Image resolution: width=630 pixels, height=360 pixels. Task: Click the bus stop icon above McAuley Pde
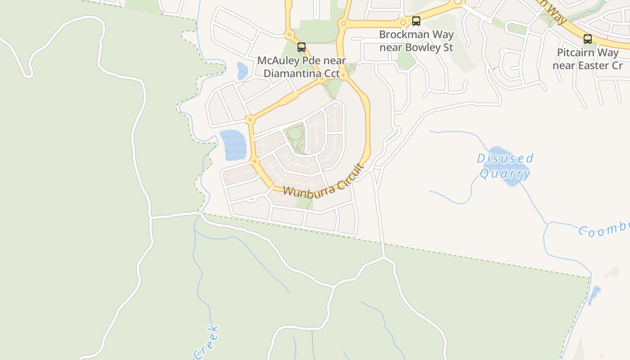(x=301, y=47)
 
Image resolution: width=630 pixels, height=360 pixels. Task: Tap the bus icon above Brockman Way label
(x=416, y=21)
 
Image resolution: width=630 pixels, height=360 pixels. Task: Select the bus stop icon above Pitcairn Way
(x=587, y=39)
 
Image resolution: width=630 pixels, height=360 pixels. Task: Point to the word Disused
(x=505, y=158)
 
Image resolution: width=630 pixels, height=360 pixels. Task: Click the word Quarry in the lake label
(x=505, y=174)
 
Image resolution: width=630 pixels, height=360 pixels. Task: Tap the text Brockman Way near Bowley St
(x=416, y=40)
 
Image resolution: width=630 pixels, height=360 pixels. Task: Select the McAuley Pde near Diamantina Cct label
(x=301, y=67)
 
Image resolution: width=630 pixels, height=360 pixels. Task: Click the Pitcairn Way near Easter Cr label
(x=588, y=59)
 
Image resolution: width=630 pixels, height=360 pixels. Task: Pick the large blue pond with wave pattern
(x=234, y=145)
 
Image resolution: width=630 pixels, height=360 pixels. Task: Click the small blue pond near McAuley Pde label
(x=242, y=70)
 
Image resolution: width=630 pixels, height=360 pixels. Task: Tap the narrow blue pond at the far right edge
(x=594, y=295)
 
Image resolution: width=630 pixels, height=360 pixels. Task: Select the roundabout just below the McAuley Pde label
(x=322, y=80)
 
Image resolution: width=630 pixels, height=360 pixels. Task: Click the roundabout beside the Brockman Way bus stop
(x=403, y=22)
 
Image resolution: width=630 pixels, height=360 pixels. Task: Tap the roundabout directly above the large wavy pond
(x=250, y=119)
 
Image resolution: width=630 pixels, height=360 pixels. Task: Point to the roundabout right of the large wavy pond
(x=255, y=161)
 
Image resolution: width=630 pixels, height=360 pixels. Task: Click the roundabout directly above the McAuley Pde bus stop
(x=289, y=34)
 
